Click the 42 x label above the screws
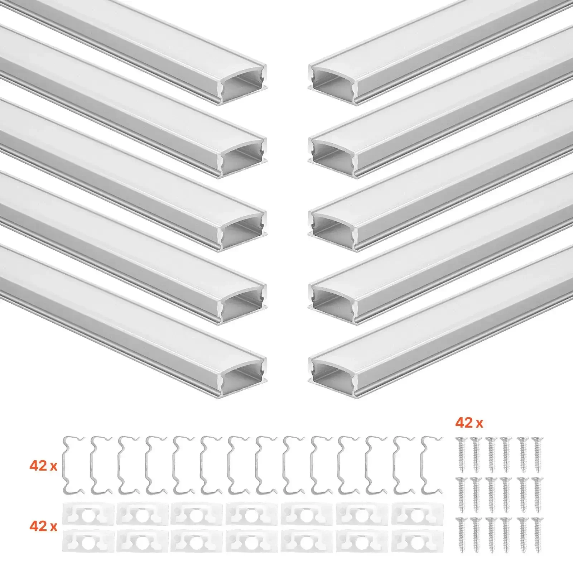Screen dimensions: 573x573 tap(469, 423)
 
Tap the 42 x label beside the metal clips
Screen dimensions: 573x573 tap(43, 466)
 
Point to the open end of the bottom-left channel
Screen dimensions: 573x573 tap(243, 377)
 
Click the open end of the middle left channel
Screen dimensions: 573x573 tap(243, 231)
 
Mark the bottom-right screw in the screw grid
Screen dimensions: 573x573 tap(537, 535)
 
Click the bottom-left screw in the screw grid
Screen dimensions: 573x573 tap(460, 535)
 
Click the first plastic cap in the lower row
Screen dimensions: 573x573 tap(88, 540)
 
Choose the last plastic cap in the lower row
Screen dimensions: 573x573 tap(418, 540)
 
